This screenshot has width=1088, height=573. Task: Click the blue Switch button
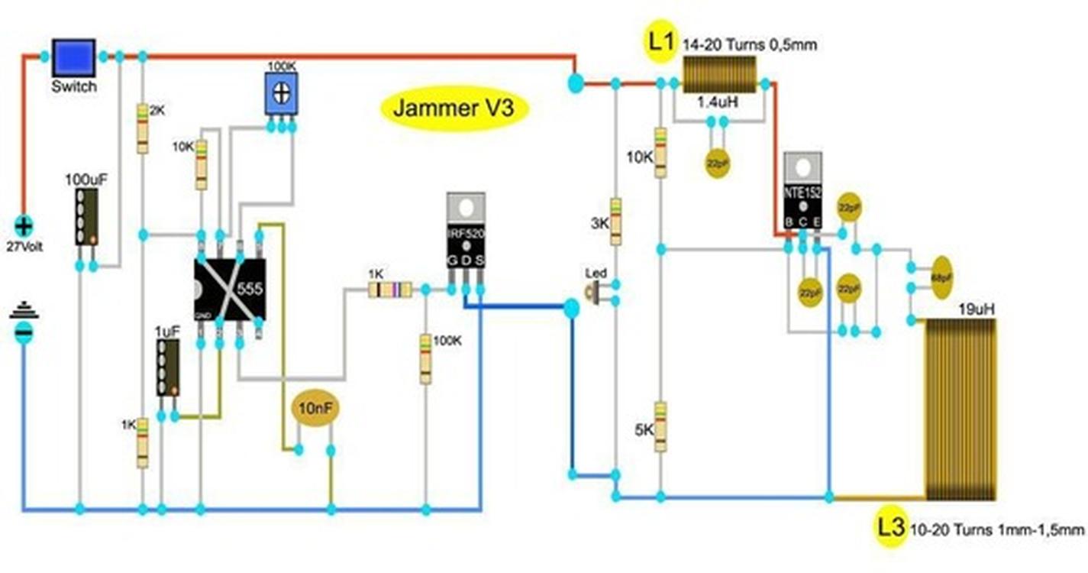coord(73,57)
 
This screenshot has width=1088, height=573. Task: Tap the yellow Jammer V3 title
coord(454,108)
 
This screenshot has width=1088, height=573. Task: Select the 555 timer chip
coord(230,289)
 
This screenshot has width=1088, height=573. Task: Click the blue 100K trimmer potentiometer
coord(281,94)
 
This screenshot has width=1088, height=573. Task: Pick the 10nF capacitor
coord(315,409)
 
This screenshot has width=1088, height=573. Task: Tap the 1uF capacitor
coord(168,367)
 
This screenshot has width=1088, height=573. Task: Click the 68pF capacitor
coord(942,277)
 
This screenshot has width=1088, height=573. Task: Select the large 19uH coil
coord(960,410)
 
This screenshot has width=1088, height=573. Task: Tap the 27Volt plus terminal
coord(24,226)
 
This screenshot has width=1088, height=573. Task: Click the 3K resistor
coord(615,222)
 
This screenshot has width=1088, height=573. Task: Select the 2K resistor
coord(142,128)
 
